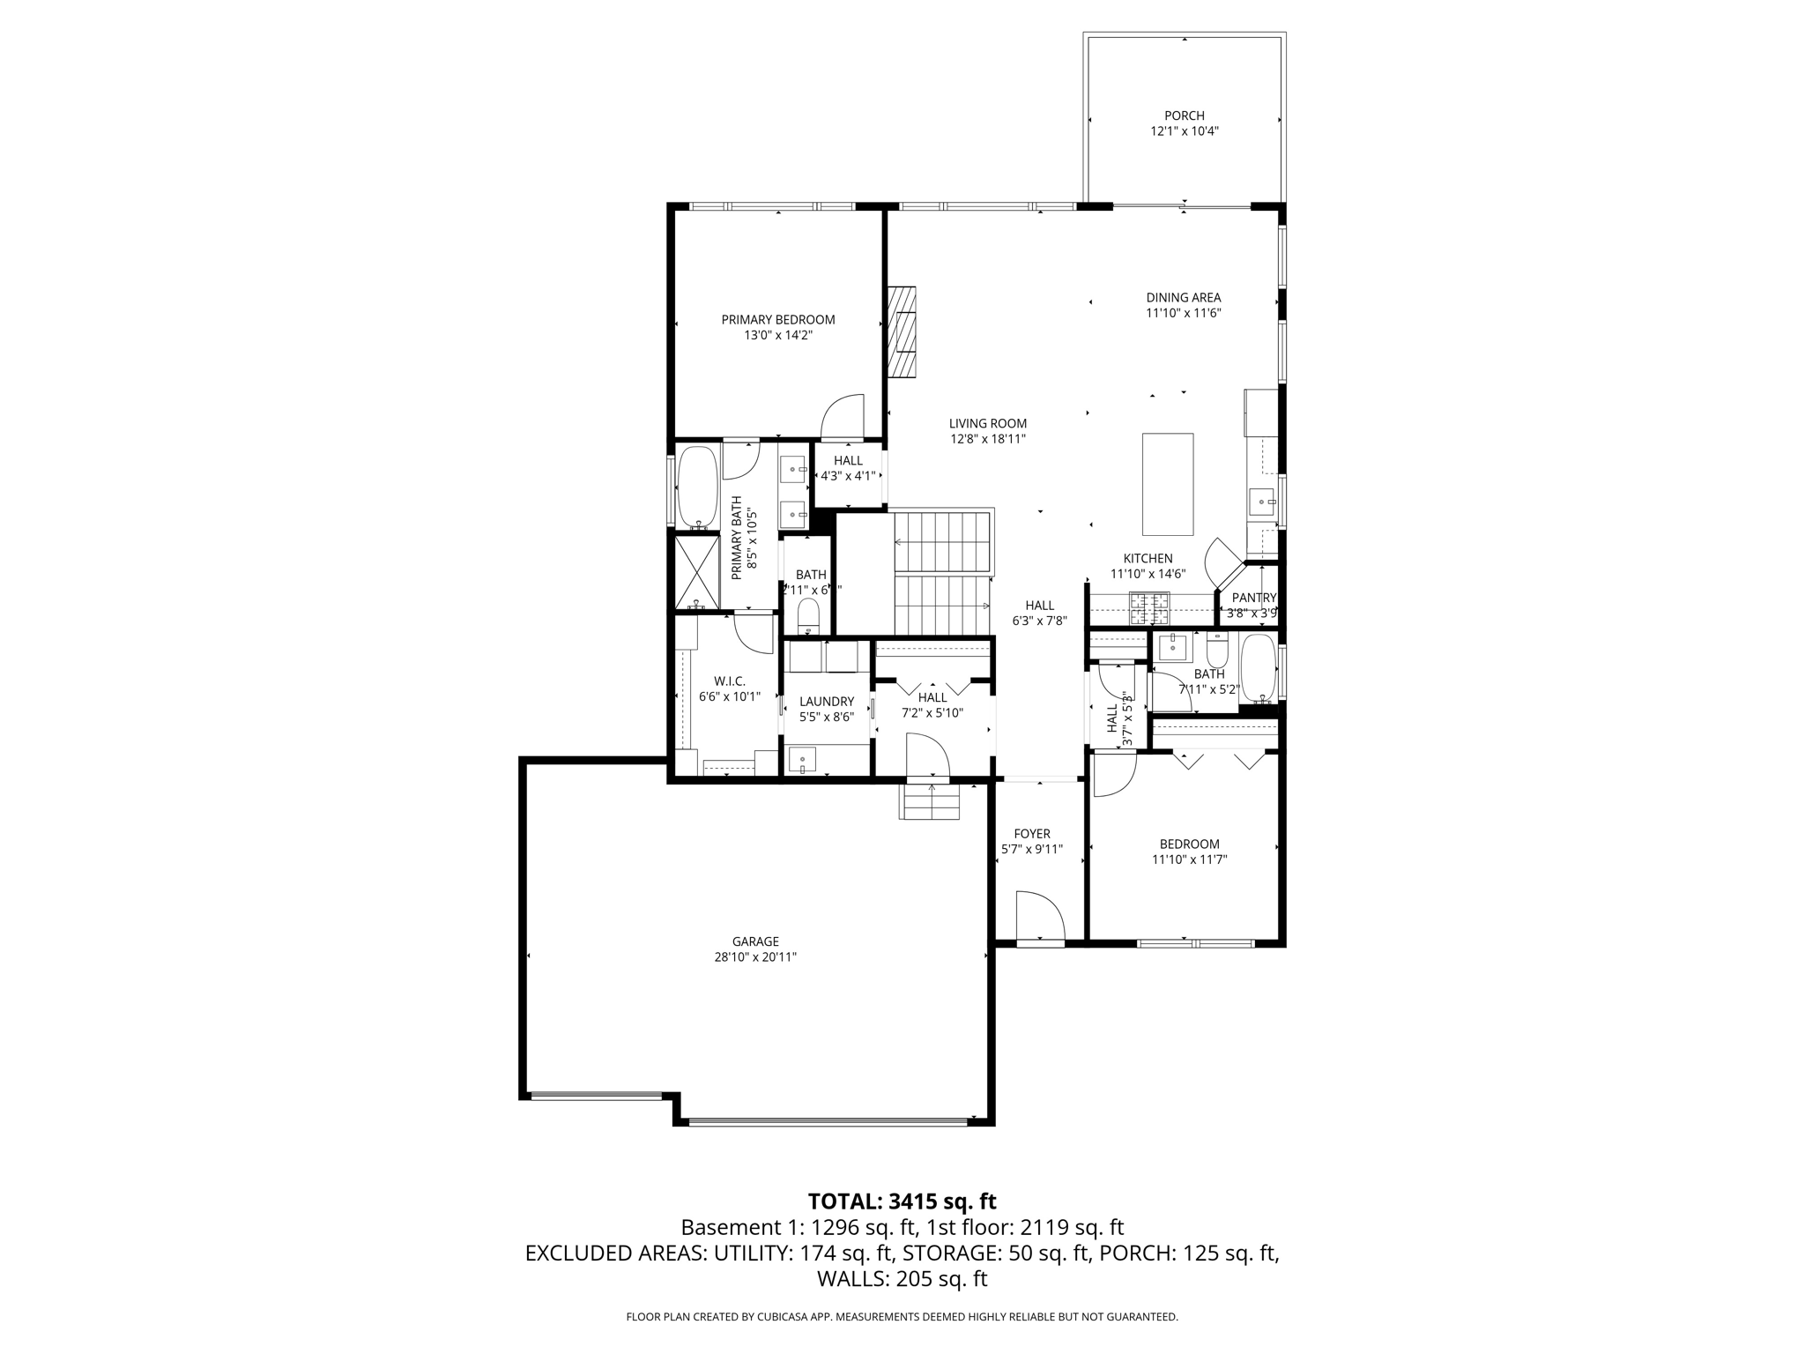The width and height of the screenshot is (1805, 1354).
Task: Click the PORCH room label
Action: [1184, 115]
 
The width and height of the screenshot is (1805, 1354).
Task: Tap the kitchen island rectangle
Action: [1168, 484]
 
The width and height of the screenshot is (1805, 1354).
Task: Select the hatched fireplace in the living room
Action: [902, 332]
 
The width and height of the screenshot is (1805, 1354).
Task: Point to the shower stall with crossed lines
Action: [697, 572]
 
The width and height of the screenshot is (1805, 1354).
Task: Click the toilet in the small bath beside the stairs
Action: [808, 615]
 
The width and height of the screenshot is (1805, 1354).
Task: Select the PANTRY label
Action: [1253, 598]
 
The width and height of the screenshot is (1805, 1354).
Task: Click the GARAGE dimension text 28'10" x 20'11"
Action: [755, 956]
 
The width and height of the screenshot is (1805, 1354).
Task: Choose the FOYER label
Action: [1032, 834]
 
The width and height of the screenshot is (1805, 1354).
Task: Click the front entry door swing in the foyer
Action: [1040, 917]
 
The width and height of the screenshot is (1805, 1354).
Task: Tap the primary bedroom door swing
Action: [842, 416]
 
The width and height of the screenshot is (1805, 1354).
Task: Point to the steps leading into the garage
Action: [929, 801]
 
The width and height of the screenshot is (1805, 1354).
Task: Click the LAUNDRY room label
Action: [827, 702]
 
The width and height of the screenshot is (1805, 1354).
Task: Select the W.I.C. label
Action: [729, 681]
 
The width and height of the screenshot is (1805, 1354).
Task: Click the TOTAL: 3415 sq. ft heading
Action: [902, 1201]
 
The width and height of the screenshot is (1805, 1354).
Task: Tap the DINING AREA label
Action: [1183, 298]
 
